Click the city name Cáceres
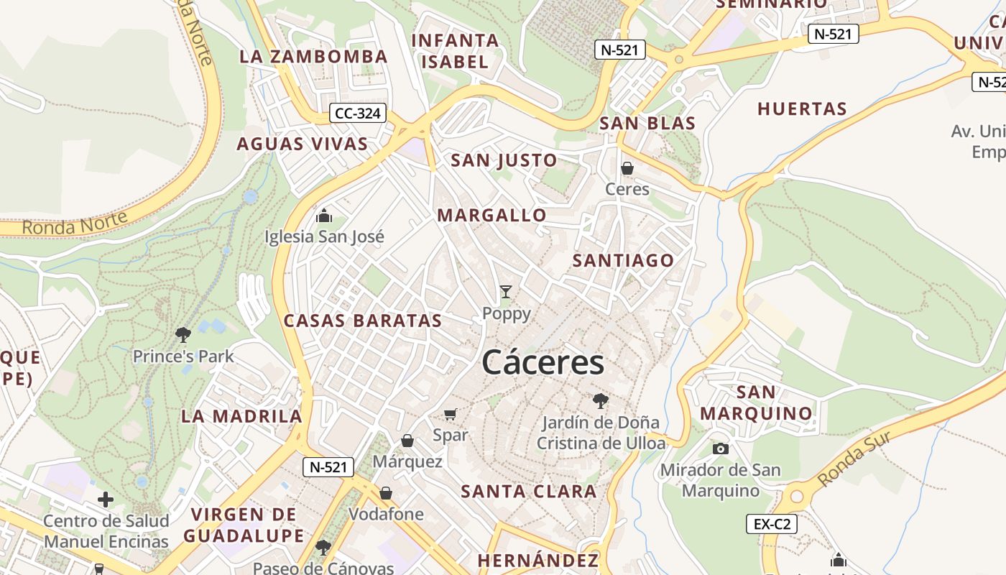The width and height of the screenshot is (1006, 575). (x=543, y=363)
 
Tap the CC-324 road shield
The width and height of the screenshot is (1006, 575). (x=358, y=113)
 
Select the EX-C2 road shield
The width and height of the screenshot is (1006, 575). (x=772, y=524)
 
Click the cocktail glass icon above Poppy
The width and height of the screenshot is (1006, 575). (x=506, y=292)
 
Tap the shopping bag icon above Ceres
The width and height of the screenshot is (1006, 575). (x=627, y=168)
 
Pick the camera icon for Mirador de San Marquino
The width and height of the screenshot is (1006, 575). (x=720, y=448)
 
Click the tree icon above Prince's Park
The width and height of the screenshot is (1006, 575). (x=183, y=334)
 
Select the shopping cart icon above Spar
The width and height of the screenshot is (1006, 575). (x=451, y=413)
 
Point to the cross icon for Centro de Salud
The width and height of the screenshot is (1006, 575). (x=106, y=499)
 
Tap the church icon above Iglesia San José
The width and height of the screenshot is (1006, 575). (x=324, y=215)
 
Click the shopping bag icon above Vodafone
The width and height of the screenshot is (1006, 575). (x=386, y=493)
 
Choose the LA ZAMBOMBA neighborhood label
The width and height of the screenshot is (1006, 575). (x=313, y=57)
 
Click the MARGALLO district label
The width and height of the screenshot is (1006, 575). (x=492, y=215)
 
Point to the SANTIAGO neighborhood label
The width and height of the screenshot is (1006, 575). (x=623, y=260)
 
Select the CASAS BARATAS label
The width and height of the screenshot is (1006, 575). (x=363, y=321)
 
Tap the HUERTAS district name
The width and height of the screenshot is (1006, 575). (x=802, y=109)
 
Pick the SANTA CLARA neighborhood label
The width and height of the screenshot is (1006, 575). (x=528, y=492)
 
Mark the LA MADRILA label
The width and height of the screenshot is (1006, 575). (x=241, y=415)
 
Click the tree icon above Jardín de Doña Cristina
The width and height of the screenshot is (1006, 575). (x=601, y=401)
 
